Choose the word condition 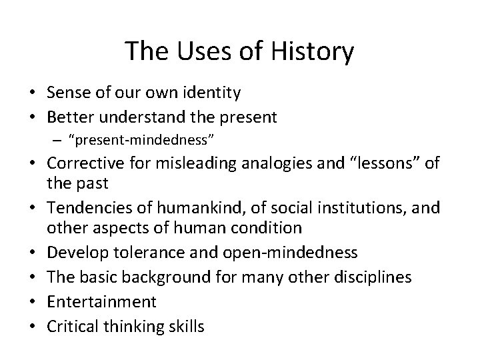tap(269, 227)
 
